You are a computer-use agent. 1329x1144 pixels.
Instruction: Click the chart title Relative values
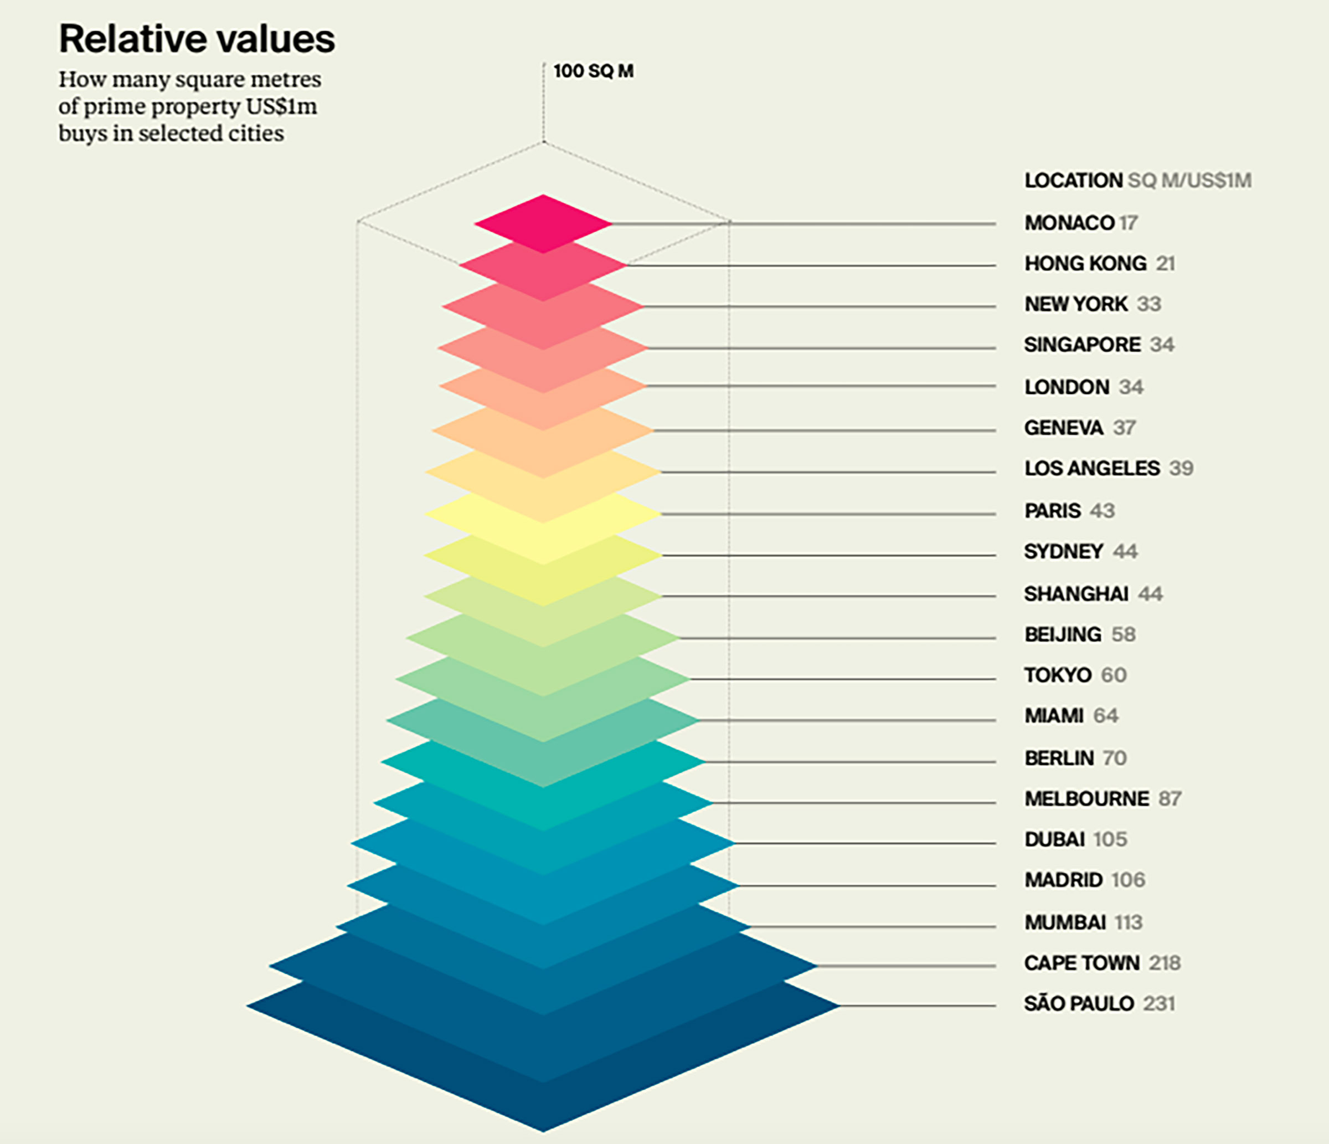(196, 39)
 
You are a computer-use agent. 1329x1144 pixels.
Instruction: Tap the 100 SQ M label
(593, 71)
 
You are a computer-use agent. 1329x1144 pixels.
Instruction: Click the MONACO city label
(1069, 223)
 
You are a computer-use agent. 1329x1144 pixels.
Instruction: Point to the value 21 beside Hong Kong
(1166, 264)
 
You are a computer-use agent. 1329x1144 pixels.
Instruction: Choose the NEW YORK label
(1075, 304)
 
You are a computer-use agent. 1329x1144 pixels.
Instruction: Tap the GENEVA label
(1063, 428)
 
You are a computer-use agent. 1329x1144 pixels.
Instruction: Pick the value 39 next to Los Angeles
(1181, 468)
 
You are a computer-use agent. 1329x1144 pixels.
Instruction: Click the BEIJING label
(1062, 634)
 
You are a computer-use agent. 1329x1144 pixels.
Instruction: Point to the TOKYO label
(1057, 675)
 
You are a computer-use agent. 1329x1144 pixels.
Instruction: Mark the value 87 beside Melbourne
(1170, 799)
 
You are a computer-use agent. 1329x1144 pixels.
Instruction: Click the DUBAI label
(1054, 839)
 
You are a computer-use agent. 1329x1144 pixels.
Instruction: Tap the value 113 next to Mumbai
(1128, 922)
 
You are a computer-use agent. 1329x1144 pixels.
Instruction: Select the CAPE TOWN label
(1081, 963)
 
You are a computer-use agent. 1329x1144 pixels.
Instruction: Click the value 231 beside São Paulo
(1158, 1003)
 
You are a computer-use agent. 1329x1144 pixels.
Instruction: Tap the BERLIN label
(1058, 758)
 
